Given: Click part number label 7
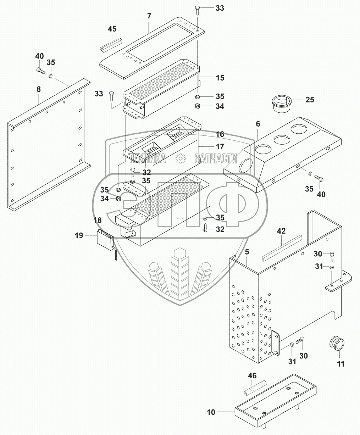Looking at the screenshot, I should tap(149, 16).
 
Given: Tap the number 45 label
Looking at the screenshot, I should tap(112, 29).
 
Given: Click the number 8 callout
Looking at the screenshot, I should tap(38, 90).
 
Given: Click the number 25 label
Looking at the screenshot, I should tap(310, 100).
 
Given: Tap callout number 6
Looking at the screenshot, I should tap(258, 124).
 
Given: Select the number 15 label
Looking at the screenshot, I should tap(220, 78).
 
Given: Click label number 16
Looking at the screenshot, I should tap(220, 134).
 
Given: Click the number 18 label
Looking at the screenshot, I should tap(98, 220).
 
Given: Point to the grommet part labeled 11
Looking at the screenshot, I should tap(337, 344).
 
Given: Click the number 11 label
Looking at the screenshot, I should tap(340, 363).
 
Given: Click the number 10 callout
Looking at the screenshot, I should tap(211, 412).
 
